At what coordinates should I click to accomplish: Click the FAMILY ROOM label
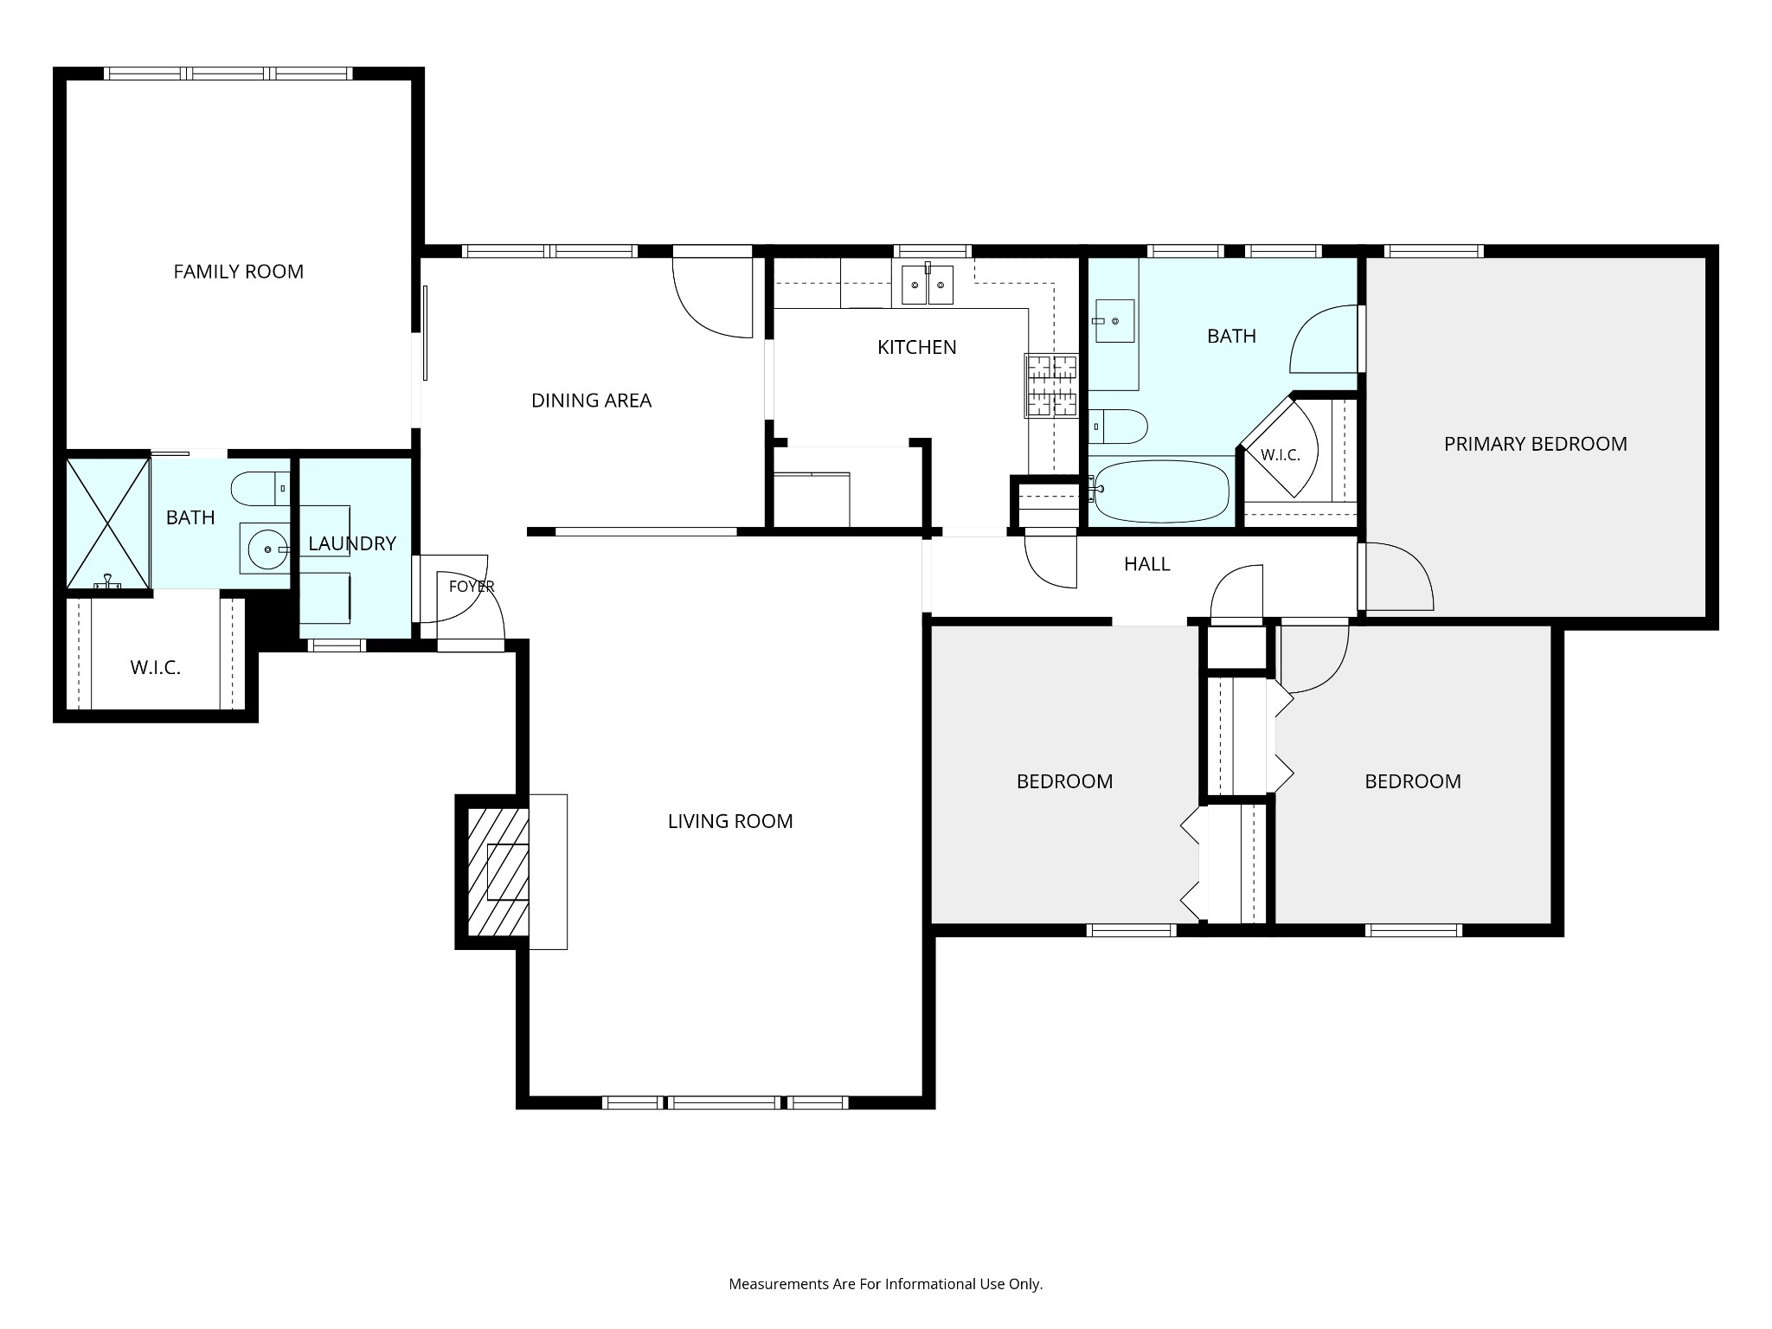click(239, 272)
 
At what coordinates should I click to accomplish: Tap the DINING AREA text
click(591, 401)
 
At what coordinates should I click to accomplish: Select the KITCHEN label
click(917, 347)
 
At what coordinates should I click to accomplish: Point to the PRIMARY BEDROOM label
click(1536, 444)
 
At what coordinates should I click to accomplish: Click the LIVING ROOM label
click(730, 821)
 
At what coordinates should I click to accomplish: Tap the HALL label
click(1147, 564)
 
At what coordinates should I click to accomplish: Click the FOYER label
click(472, 587)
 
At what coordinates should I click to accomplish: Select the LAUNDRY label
click(352, 543)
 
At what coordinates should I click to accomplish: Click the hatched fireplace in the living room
click(498, 872)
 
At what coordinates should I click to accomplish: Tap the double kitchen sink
click(928, 286)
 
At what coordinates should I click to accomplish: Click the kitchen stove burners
click(1052, 385)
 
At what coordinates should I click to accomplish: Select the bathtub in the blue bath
click(1159, 491)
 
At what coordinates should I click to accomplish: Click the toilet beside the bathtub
click(1118, 427)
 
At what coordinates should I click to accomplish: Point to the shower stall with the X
click(108, 524)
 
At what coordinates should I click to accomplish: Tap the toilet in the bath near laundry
click(260, 489)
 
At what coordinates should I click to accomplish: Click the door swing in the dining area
click(712, 298)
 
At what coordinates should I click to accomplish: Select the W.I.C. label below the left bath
click(156, 668)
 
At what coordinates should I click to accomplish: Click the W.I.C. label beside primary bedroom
click(1281, 455)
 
